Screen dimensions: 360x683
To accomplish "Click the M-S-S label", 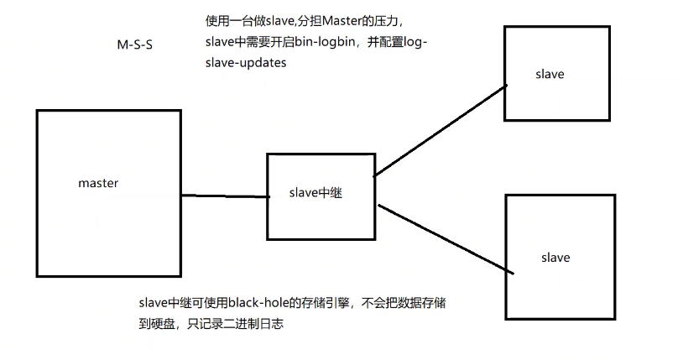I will click(136, 45).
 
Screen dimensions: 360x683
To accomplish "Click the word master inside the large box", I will click(98, 183).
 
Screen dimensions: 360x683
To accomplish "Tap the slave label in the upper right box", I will click(550, 74).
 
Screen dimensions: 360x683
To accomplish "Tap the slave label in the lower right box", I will click(555, 257).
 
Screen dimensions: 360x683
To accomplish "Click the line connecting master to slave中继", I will click(224, 196).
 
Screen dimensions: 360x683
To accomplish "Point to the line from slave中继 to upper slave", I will click(439, 129).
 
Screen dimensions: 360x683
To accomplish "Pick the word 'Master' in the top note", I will click(341, 20).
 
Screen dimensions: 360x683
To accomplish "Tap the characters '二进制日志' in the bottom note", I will click(257, 323).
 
